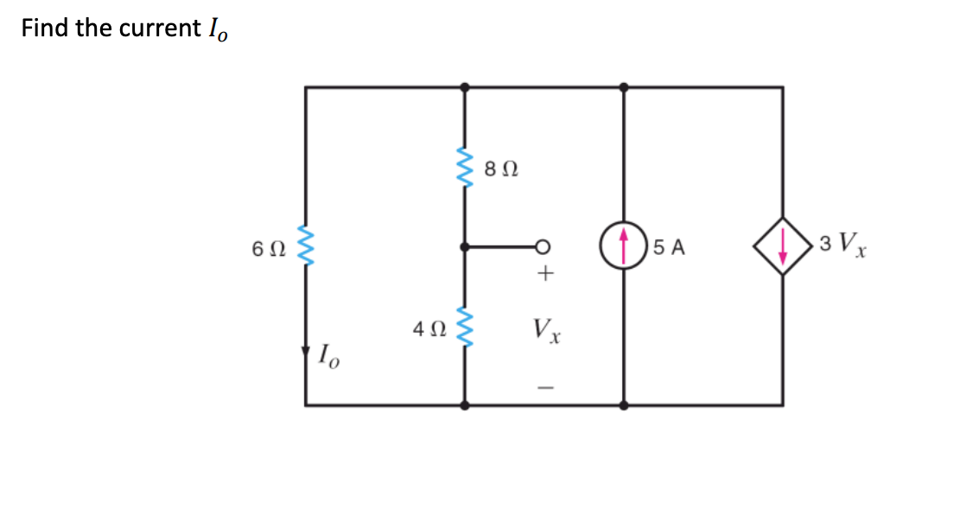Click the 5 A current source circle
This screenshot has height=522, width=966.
point(624,246)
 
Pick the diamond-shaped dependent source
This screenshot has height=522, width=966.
point(783,246)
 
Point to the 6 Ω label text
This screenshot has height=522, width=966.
point(268,248)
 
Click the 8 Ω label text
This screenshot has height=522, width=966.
point(501,170)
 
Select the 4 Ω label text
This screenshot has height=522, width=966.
point(429,329)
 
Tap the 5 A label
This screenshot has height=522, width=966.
point(669,248)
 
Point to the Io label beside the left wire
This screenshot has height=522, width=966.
point(329,354)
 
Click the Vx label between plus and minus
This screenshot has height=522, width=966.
point(547,329)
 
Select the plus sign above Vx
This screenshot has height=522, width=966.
point(544,275)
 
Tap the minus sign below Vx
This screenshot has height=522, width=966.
point(544,386)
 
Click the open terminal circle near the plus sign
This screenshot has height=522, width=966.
point(544,247)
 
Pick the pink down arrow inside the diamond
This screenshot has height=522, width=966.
point(783,246)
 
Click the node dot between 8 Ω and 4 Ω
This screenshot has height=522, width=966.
point(466,247)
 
